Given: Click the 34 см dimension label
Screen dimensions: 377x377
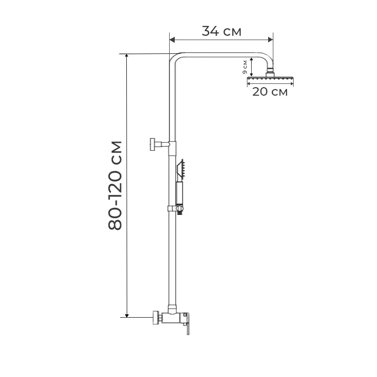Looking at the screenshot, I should click(221, 31).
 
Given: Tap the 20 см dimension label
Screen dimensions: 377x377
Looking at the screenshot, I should click(270, 92).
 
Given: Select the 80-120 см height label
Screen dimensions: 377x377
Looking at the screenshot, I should click(115, 185).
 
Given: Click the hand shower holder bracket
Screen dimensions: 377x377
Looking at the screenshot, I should click(174, 207).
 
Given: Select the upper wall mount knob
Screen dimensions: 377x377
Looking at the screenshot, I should click(153, 144).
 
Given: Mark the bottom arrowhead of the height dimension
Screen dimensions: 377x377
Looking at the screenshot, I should click(126, 314).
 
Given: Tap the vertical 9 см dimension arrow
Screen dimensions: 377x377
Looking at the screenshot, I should click(252, 67).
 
